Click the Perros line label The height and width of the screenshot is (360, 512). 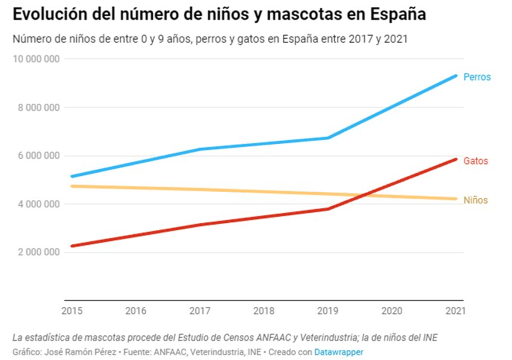[477, 78]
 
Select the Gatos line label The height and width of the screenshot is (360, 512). [475, 161]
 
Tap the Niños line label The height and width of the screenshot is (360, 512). [475, 200]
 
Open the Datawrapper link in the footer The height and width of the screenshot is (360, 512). [339, 352]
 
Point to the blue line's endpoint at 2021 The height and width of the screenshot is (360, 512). [456, 76]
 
